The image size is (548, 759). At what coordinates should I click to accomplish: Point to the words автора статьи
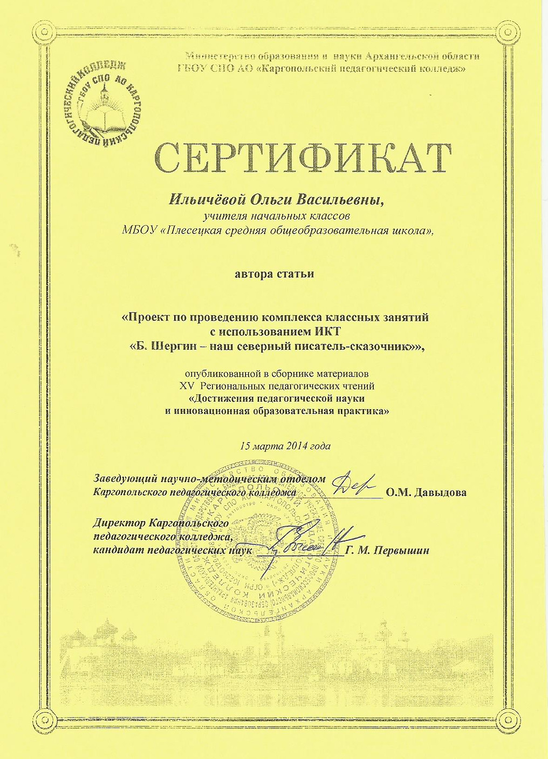275,274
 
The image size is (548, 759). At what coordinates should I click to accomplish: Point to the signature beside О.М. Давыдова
353,485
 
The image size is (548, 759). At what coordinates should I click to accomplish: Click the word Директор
119,523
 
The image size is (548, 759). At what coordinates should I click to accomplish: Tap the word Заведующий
125,478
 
